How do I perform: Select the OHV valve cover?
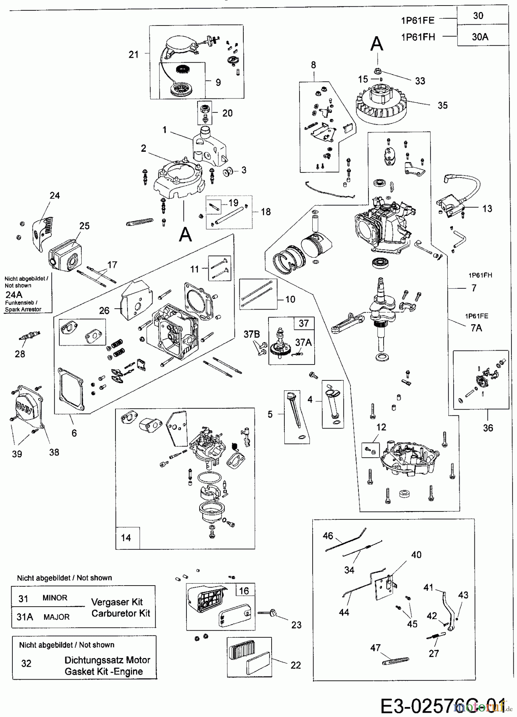click(x=26, y=407)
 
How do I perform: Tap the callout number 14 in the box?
click(x=126, y=538)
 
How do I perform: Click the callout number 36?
click(x=488, y=428)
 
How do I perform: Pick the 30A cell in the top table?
click(x=480, y=37)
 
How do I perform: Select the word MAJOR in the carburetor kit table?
click(x=57, y=617)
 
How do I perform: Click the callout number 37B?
click(x=252, y=335)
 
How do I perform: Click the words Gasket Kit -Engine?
click(x=104, y=671)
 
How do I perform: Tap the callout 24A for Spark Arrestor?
click(x=14, y=294)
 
